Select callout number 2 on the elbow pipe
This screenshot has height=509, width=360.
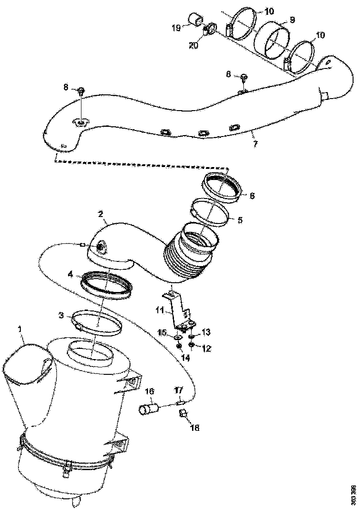pos(101,214)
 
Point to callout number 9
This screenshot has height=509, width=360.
pos(292,20)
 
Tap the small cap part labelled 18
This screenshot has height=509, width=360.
pos(182,413)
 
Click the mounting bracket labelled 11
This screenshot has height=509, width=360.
pos(176,308)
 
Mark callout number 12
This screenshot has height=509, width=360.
pos(206,348)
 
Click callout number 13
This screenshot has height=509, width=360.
pos(206,332)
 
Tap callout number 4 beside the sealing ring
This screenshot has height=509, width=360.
pos(70,274)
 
